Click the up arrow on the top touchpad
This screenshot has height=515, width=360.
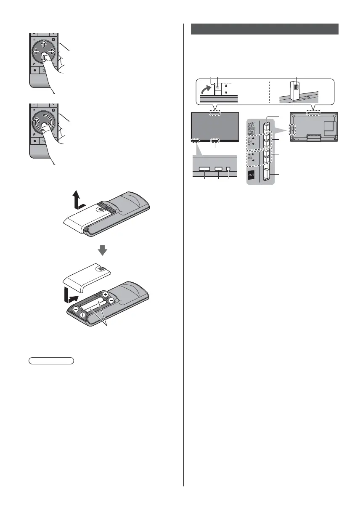click(44, 45)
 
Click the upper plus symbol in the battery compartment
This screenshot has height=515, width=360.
click(105, 295)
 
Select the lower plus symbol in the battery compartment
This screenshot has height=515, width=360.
click(83, 315)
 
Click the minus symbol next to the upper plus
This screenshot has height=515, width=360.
click(111, 300)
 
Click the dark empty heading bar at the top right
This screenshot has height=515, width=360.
click(265, 29)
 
